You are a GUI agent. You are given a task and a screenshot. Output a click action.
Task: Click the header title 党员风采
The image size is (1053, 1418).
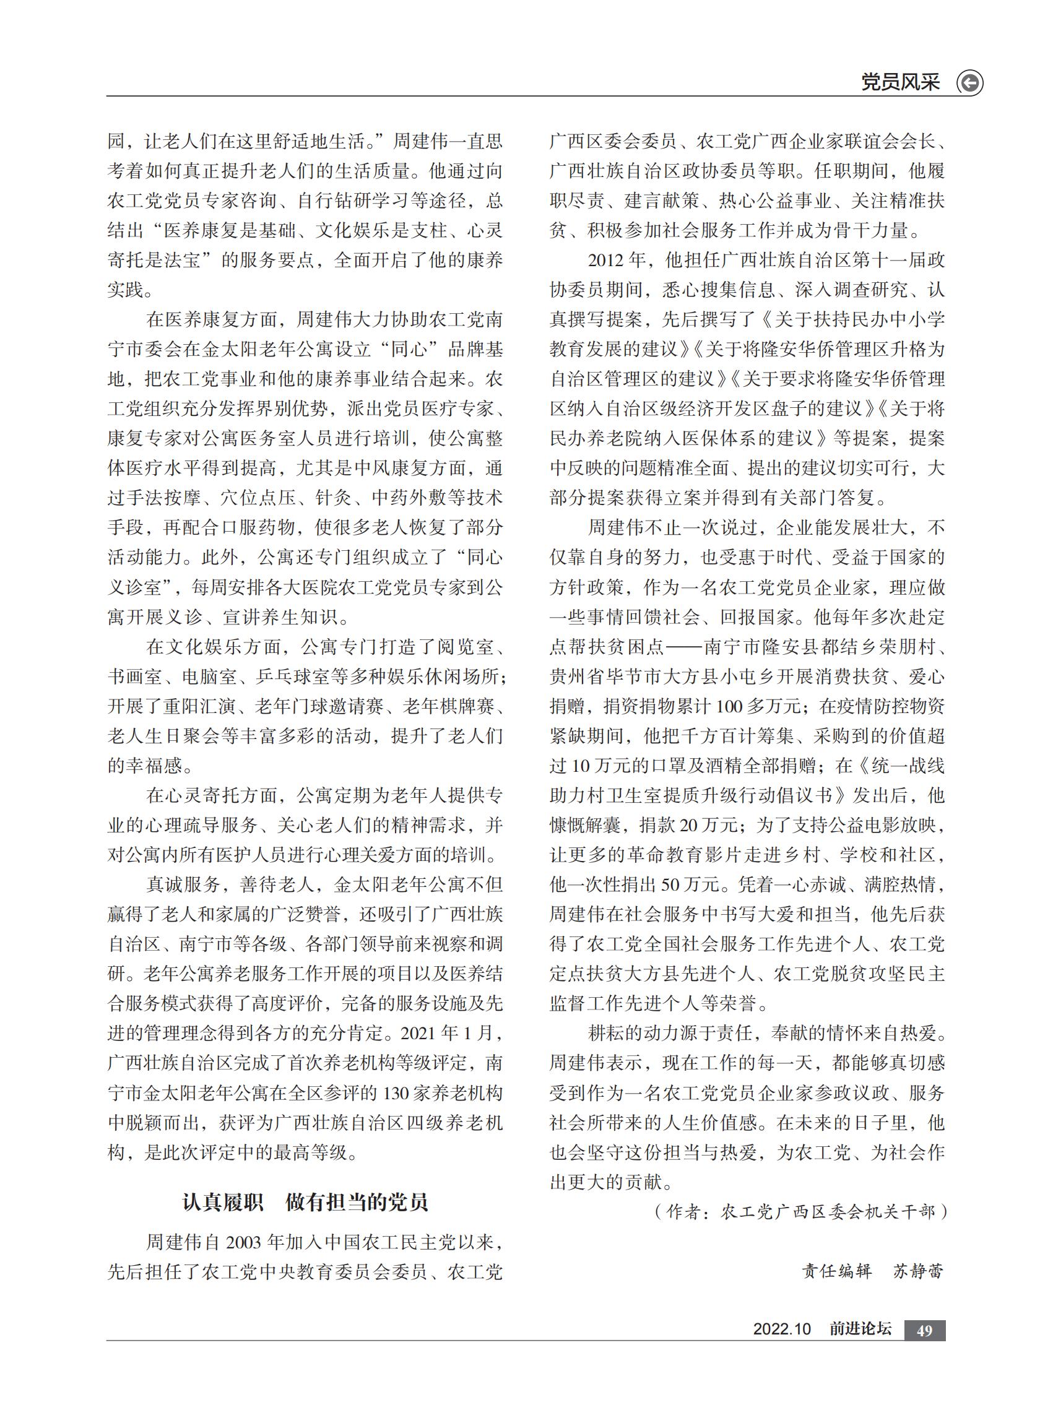pos(899,82)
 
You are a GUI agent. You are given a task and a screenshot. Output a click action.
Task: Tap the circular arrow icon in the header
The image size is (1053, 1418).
pos(969,83)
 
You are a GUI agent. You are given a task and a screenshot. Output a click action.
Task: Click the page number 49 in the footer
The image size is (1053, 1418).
pos(924,1330)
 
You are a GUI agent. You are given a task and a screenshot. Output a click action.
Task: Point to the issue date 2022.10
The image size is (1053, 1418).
pos(781,1329)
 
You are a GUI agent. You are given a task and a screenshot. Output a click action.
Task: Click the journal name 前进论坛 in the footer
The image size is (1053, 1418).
pos(860,1329)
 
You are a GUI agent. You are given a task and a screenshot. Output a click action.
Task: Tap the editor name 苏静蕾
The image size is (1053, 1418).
pos(918,1271)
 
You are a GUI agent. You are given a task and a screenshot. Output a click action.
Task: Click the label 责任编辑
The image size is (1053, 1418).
pos(836,1271)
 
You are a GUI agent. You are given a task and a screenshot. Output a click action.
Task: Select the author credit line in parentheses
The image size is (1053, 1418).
pos(800,1211)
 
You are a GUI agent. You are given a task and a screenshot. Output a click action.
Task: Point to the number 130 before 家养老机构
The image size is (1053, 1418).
pos(399,1094)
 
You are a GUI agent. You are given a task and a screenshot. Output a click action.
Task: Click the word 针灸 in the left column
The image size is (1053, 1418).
pos(334,498)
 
